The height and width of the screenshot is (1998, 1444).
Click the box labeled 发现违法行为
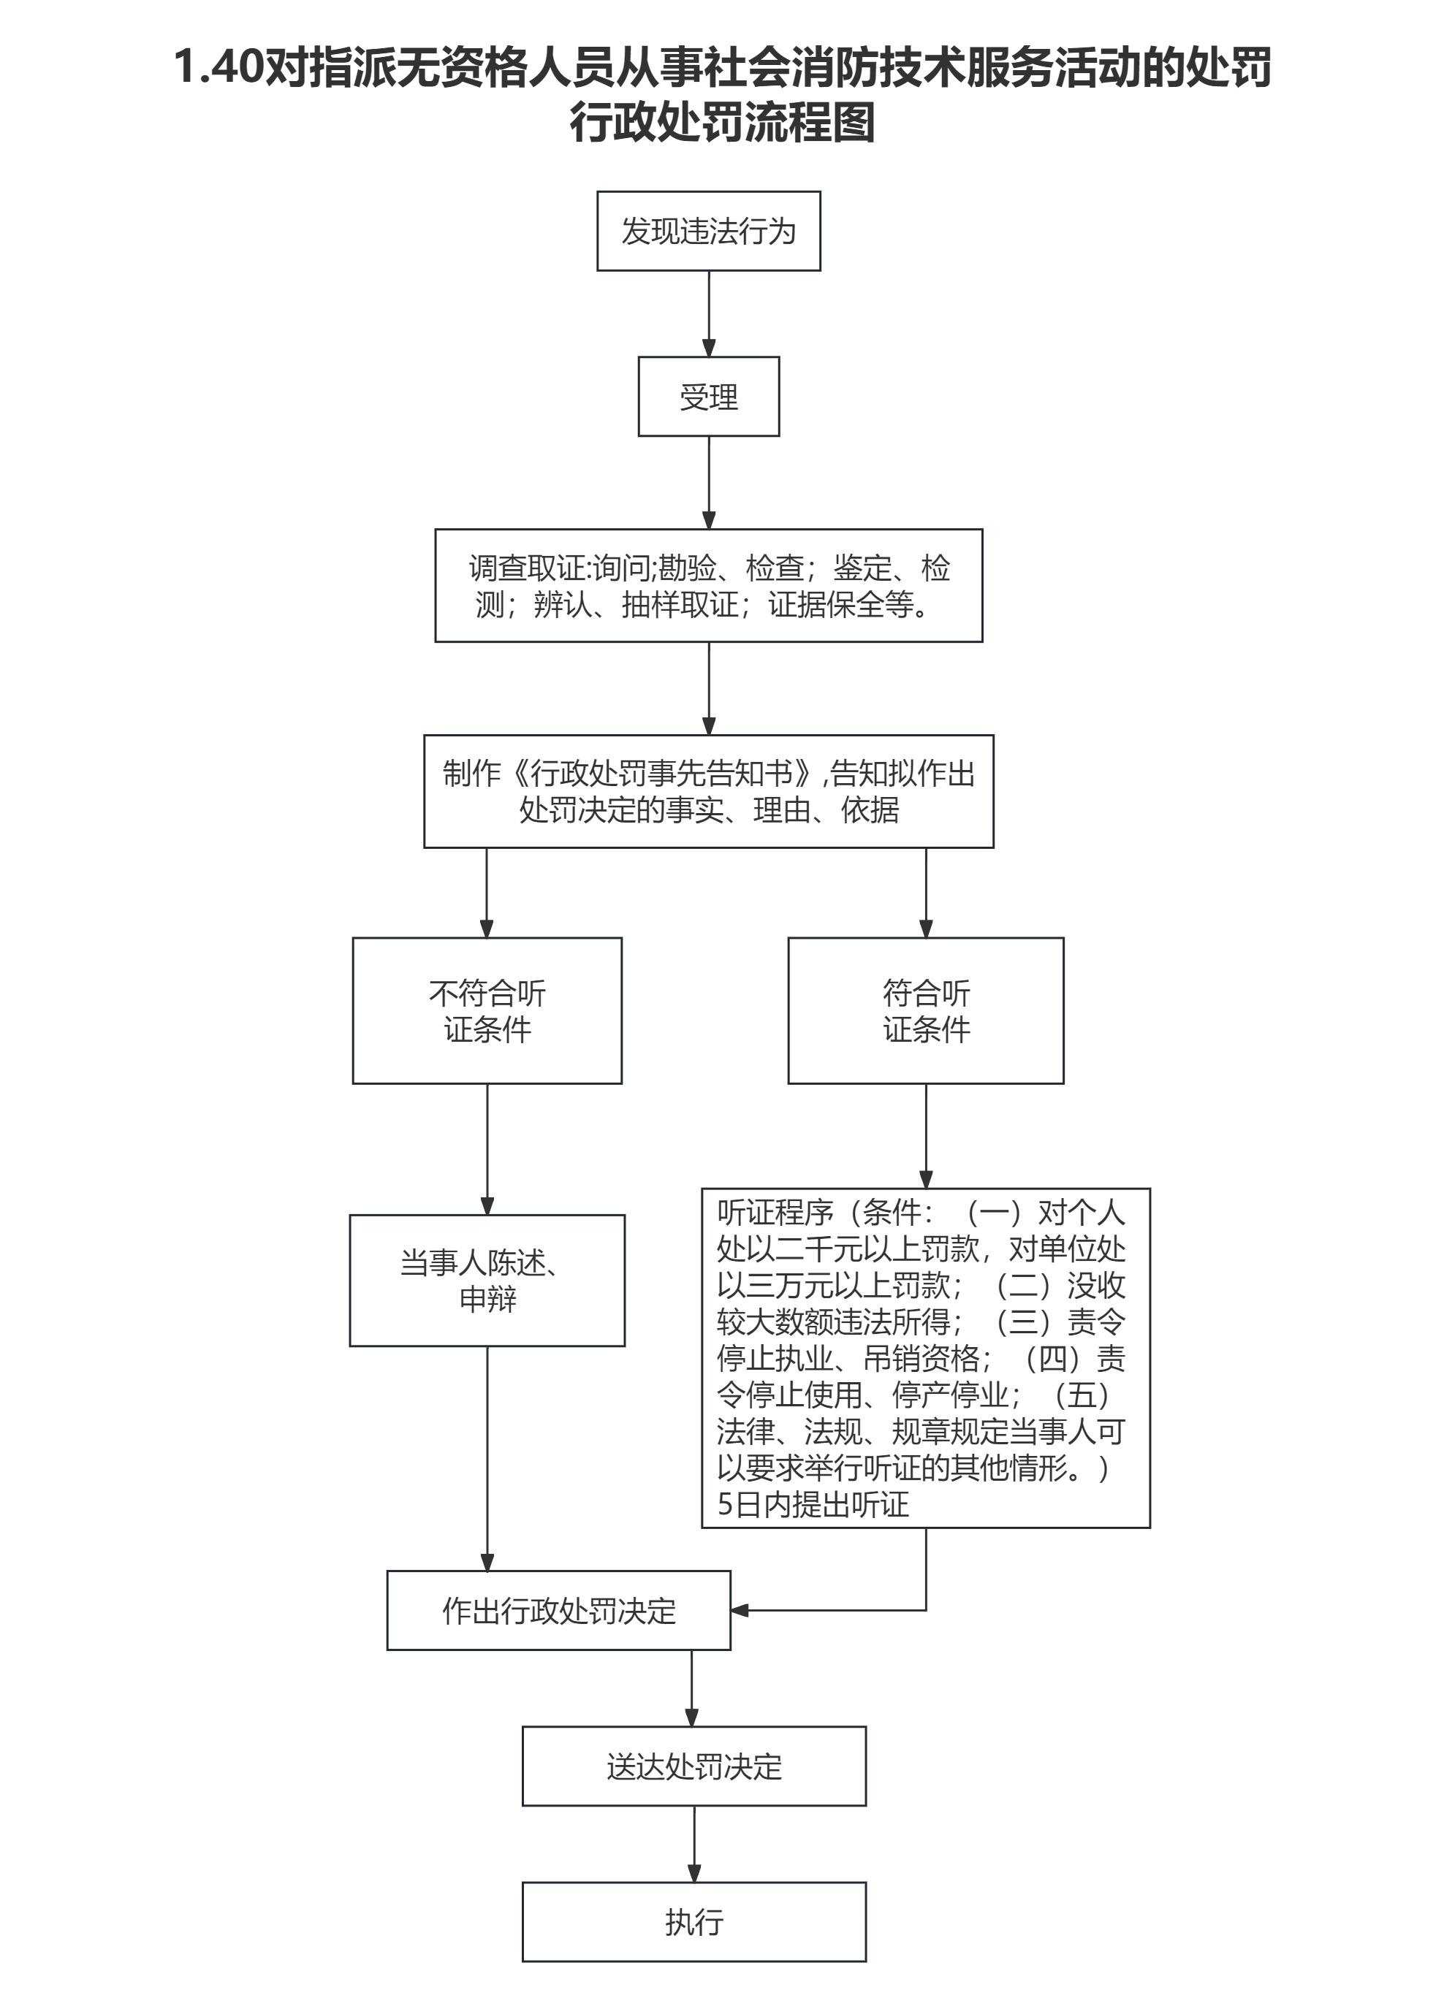tap(708, 231)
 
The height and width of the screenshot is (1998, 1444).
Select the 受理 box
tap(708, 397)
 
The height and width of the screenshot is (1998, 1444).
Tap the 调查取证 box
tap(708, 586)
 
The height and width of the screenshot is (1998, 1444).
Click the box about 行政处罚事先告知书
tap(708, 791)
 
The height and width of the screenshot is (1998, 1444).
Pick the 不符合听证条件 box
tap(487, 1010)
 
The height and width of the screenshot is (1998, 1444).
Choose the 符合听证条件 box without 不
tap(925, 1010)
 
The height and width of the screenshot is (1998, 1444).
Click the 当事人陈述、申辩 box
tap(487, 1281)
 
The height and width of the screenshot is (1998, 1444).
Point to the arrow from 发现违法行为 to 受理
tap(708, 313)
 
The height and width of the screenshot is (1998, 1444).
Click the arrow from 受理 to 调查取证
tap(708, 483)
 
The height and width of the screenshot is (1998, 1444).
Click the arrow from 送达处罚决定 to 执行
tap(694, 1844)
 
